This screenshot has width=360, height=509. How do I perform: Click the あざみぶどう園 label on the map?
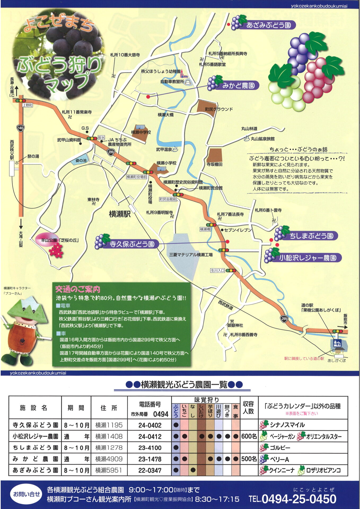[268, 25]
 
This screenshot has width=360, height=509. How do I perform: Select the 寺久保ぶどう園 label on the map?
[132, 244]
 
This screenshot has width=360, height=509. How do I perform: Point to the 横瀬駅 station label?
[120, 214]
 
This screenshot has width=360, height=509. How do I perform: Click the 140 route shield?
[20, 128]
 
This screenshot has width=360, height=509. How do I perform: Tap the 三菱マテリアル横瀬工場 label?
[191, 255]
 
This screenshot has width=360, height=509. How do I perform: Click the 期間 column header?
[76, 408]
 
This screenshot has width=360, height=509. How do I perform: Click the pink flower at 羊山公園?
[56, 250]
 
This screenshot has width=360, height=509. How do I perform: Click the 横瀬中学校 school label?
[141, 132]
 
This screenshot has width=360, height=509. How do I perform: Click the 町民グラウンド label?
[219, 109]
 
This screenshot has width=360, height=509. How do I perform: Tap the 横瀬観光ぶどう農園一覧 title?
[184, 385]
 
